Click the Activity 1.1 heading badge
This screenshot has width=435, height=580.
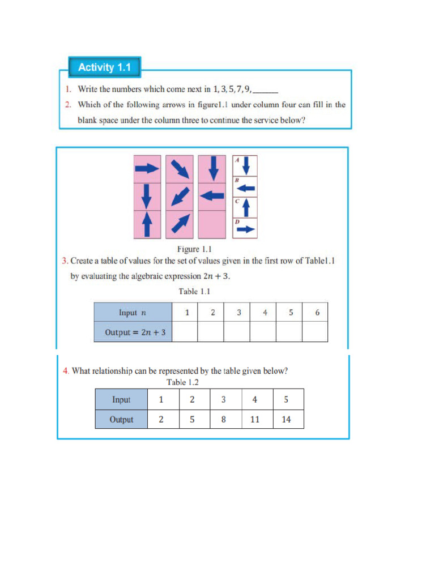click(x=104, y=67)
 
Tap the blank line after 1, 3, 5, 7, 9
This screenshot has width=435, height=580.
click(x=266, y=89)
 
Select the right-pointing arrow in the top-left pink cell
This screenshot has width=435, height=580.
click(x=147, y=168)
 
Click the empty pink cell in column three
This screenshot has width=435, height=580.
click(x=212, y=224)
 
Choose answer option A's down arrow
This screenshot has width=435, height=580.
click(x=246, y=166)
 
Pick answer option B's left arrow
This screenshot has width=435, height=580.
click(x=246, y=187)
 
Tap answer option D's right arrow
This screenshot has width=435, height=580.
click(x=246, y=229)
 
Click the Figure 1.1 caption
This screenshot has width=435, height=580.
click(x=194, y=249)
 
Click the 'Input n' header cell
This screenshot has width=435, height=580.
click(x=133, y=312)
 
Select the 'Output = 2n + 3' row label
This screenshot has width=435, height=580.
click(x=133, y=332)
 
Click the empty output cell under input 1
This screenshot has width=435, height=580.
click(x=185, y=332)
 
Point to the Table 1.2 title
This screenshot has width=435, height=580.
click(x=182, y=382)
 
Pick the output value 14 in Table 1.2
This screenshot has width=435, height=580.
click(x=286, y=420)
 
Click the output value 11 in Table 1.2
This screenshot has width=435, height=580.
click(x=255, y=420)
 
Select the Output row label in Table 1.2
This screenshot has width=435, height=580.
click(x=121, y=420)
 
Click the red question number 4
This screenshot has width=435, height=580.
click(x=66, y=371)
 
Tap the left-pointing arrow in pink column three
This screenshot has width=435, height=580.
click(x=212, y=195)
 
